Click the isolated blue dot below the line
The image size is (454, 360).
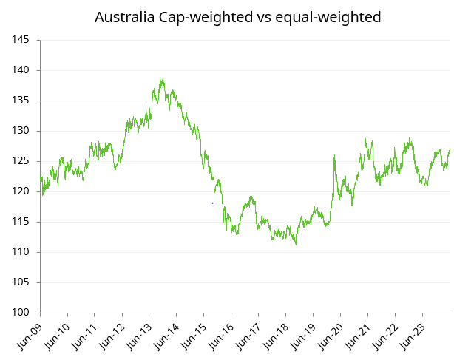coord(213,203)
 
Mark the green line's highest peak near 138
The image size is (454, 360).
coord(161,79)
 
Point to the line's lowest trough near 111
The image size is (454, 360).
coord(296,244)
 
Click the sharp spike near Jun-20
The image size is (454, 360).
coord(335,155)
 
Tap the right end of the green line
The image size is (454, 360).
coord(450,150)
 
